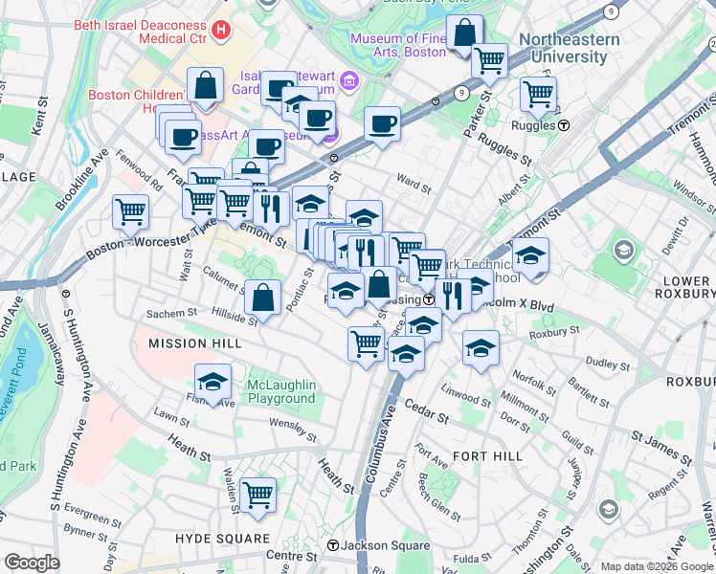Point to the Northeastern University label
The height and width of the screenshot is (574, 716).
pos(563,48)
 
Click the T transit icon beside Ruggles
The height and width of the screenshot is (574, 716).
pos(565,125)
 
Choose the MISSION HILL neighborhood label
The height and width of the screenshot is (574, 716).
pos(191,342)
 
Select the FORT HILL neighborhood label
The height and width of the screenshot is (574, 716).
pos(487,456)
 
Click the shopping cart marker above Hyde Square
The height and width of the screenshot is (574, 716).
pos(257,495)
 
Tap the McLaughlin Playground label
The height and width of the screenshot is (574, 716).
pos(281,391)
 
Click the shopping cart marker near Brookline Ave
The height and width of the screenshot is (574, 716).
pos(130,211)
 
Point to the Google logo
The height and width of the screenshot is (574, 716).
pos(32,563)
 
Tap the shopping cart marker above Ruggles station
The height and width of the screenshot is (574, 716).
pos(538,94)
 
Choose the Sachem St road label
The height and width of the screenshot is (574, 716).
pos(171,313)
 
